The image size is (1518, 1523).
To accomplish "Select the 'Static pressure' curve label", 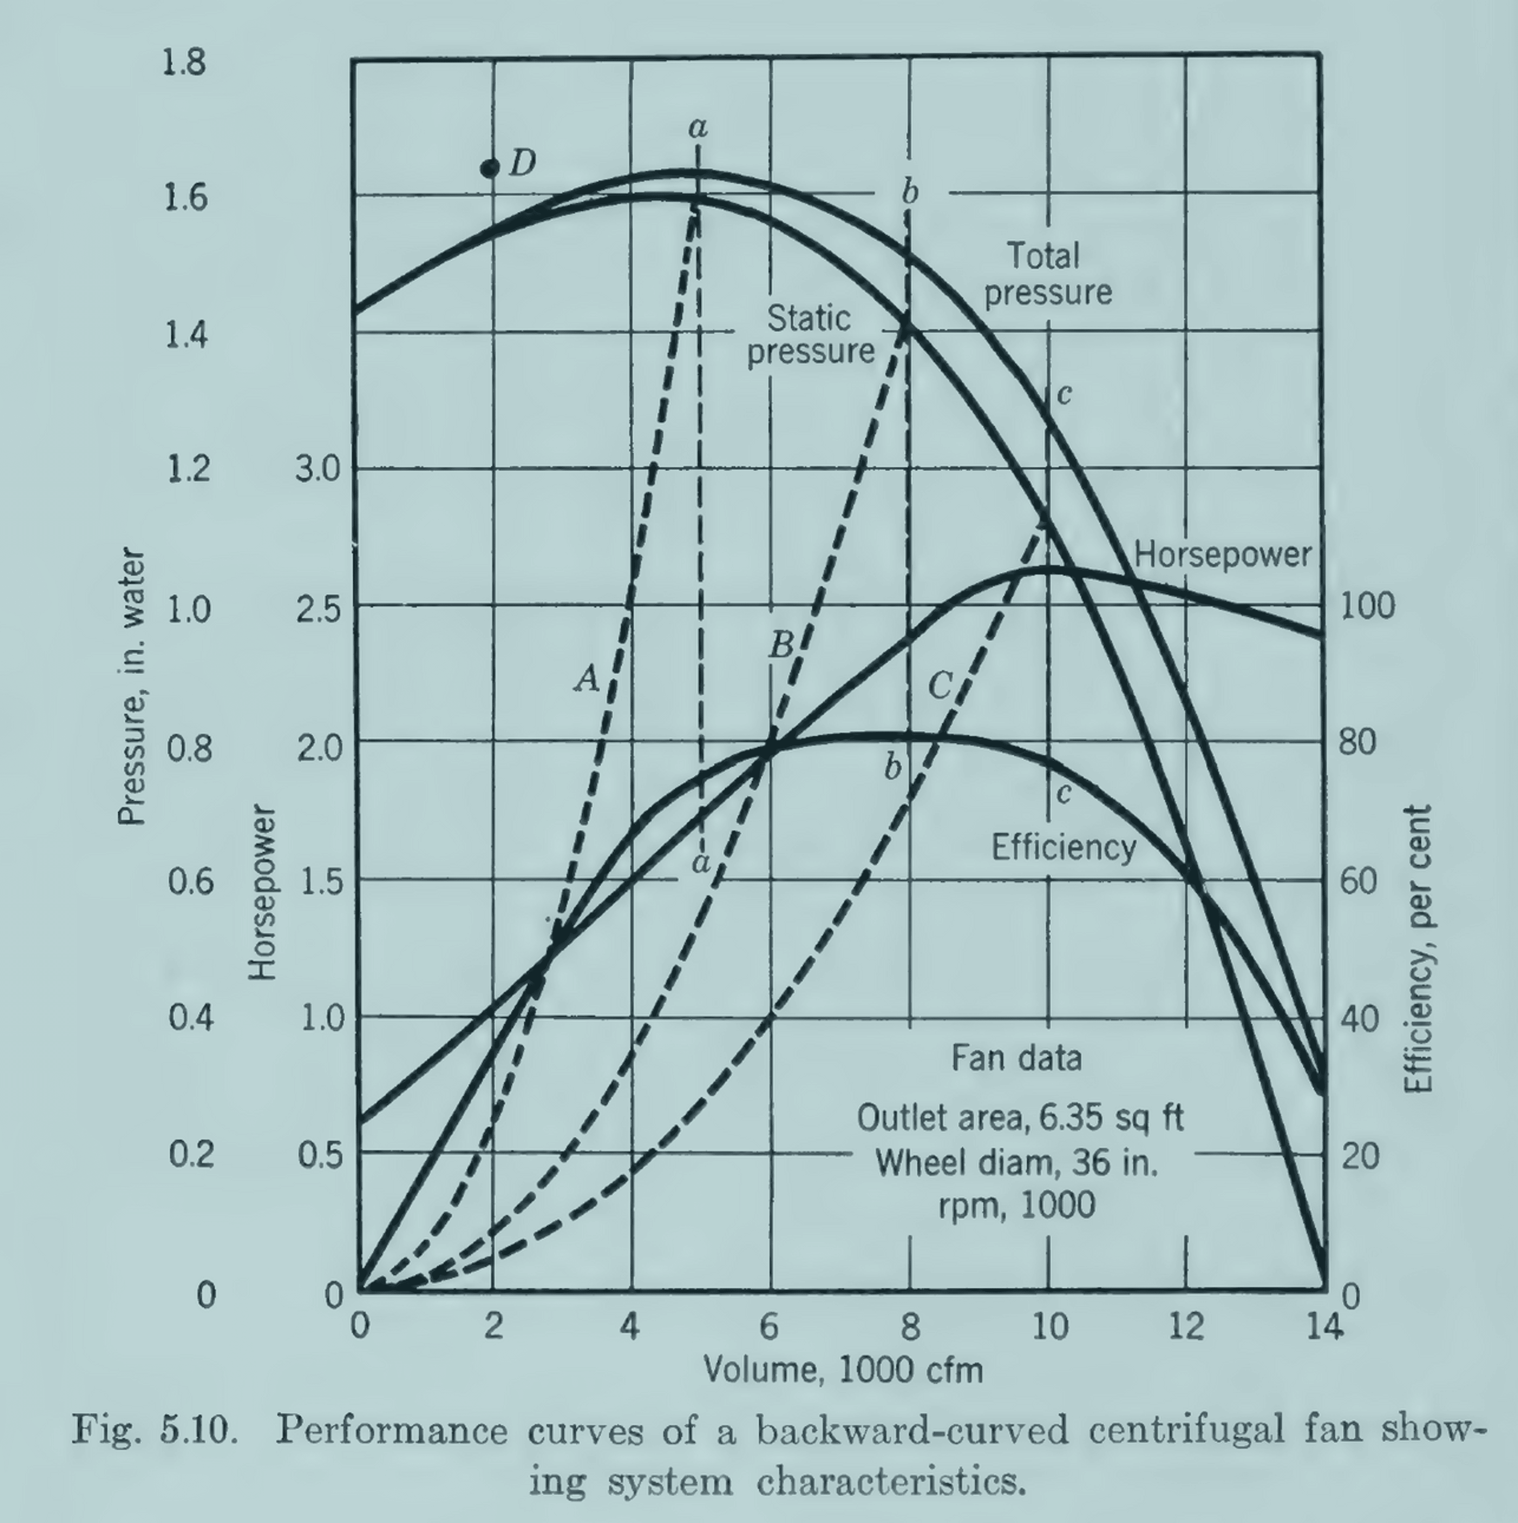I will [x=810, y=335].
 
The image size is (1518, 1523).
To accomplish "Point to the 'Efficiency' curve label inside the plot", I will [x=1063, y=847].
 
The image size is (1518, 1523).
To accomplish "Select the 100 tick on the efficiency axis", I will [x=1368, y=606].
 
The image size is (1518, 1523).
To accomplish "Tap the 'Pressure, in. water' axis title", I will [x=132, y=686].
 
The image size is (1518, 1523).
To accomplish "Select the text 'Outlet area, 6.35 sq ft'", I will [x=1019, y=1118].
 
